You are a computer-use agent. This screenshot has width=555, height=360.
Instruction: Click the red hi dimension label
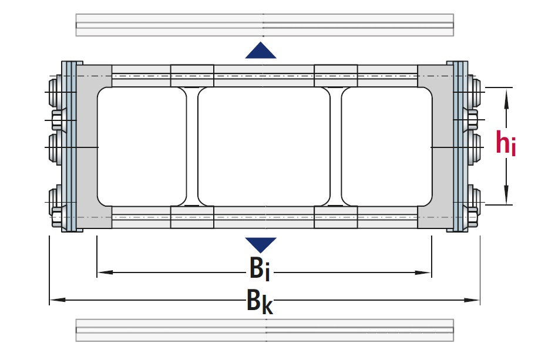coord(506,144)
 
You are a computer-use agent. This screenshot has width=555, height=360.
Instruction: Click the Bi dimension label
coord(259,269)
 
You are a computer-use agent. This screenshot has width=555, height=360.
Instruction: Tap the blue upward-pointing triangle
coord(261,52)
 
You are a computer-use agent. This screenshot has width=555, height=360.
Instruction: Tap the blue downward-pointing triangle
coord(261,244)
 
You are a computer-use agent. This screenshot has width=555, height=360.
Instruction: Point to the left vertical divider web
coord(192,147)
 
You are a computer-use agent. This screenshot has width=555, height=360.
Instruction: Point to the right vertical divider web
coord(335,147)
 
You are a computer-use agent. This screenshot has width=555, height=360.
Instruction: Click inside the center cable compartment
coord(264,147)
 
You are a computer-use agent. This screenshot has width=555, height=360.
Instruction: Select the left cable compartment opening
coord(141,147)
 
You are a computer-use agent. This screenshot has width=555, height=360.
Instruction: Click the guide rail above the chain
coord(264,25)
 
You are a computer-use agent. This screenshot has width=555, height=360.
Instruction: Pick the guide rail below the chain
coord(264,330)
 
